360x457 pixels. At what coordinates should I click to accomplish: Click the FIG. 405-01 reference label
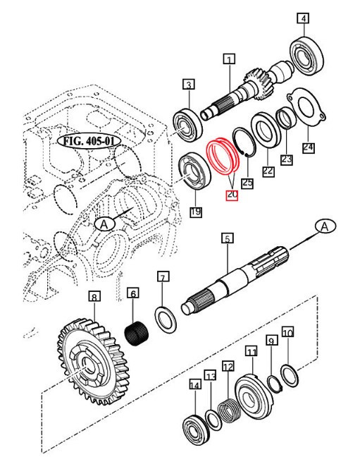click(x=89, y=140)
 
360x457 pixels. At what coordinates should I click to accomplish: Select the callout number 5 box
click(x=227, y=239)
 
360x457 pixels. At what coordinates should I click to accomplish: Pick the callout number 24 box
click(x=309, y=147)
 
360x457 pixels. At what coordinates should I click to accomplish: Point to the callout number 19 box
click(x=194, y=211)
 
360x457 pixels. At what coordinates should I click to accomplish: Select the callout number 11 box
click(x=252, y=351)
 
